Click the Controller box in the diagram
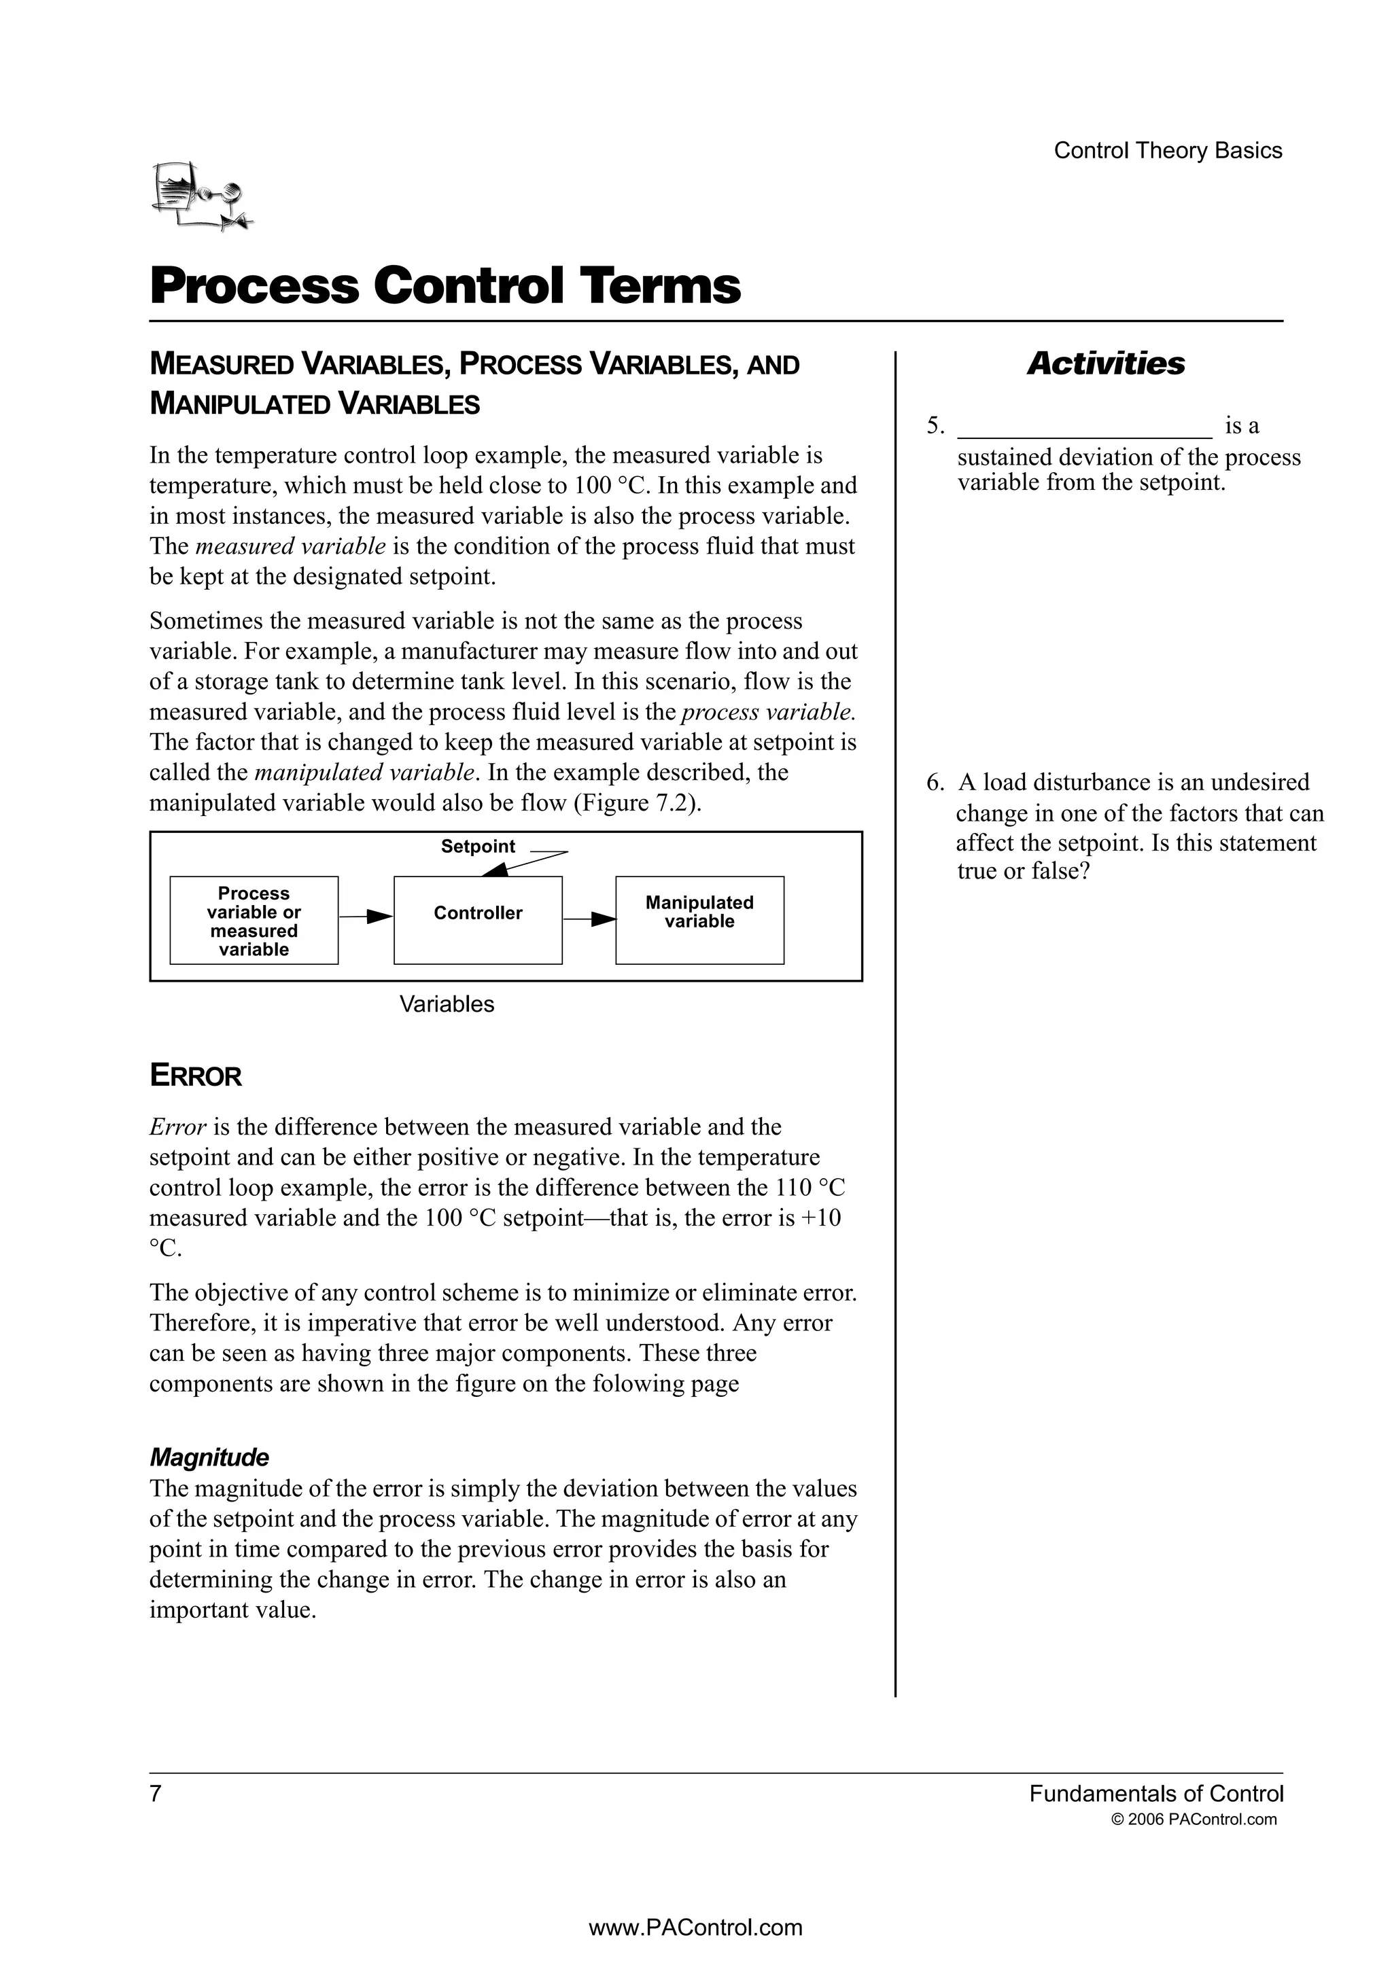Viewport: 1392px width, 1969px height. (x=478, y=920)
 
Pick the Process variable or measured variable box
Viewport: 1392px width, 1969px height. (x=254, y=920)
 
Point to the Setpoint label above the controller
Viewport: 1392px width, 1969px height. (x=478, y=847)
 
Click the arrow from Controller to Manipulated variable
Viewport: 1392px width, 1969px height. (x=589, y=919)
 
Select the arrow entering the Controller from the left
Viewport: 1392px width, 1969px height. (x=366, y=918)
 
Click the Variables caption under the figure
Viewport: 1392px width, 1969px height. (x=447, y=1004)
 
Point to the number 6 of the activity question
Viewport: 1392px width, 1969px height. (x=933, y=782)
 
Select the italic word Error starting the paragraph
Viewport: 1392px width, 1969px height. (x=177, y=1127)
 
